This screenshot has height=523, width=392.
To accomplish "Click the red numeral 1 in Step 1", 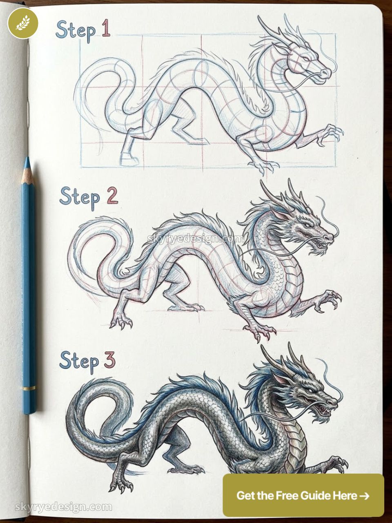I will [x=106, y=29].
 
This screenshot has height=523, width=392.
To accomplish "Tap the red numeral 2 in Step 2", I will [x=112, y=196].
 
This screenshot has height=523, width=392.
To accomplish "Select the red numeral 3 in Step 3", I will [x=109, y=360].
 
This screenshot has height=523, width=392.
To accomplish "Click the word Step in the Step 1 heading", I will [x=76, y=31].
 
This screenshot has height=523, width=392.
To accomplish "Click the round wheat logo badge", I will [x=23, y=23].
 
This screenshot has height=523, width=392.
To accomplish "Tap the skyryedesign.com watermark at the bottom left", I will [x=63, y=507].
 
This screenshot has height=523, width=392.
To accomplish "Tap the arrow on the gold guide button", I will [x=364, y=496].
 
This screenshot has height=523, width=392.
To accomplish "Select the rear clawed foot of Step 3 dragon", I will [x=121, y=484].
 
